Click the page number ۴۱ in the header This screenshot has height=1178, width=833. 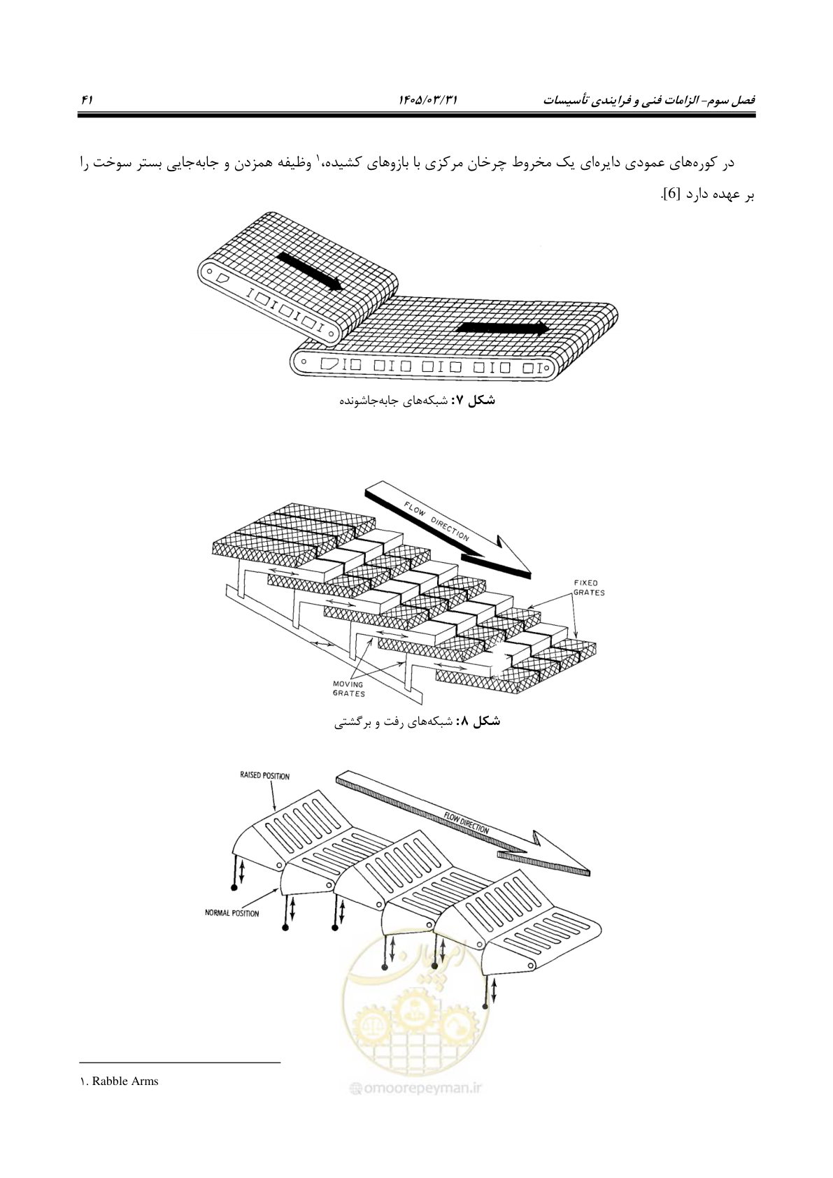pos(87,99)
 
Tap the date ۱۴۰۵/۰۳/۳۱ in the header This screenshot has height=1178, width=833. pos(429,99)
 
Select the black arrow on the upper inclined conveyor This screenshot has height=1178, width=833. pos(310,271)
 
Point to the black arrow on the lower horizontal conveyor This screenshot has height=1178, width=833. pos(503,328)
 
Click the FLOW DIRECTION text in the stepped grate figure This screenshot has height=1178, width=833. pos(436,521)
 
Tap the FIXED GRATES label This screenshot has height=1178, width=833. pos(589,587)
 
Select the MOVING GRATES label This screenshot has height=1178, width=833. pos(348,689)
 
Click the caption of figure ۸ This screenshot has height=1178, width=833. pos(417,721)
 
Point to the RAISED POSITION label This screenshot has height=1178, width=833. pos(264,776)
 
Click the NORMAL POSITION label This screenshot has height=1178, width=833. pos(232,913)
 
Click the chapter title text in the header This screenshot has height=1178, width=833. pos(649,99)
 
